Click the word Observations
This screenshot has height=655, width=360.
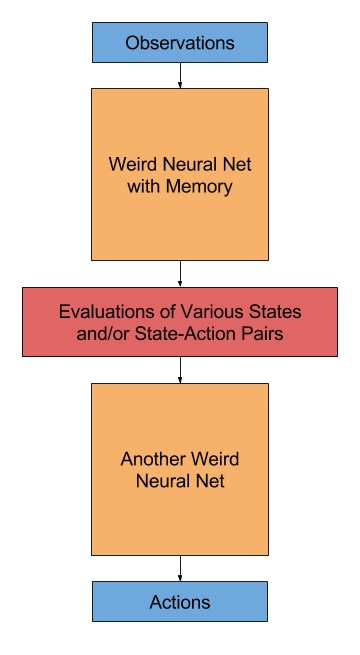[x=180, y=43]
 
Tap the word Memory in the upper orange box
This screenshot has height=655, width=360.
[x=204, y=186]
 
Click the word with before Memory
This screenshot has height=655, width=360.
[x=148, y=186]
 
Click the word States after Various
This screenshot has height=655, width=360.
[x=267, y=312]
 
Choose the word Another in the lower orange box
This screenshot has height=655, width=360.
[x=152, y=460]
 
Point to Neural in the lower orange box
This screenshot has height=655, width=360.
[x=163, y=481]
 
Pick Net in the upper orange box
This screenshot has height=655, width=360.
[x=237, y=165]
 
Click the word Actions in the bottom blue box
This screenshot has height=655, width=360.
[x=180, y=602]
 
